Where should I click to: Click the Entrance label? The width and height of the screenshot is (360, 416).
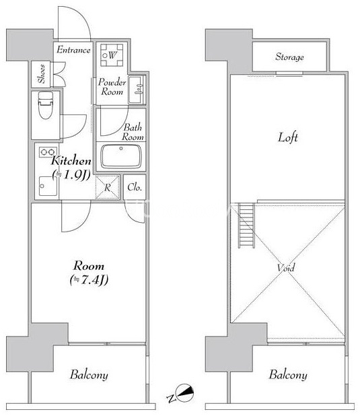[73, 50]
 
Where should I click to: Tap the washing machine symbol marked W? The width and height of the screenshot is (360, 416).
[112, 55]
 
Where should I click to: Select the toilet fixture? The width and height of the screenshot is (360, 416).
[45, 105]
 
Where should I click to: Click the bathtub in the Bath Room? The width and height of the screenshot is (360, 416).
[121, 156]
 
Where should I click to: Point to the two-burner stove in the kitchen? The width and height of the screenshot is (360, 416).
[48, 152]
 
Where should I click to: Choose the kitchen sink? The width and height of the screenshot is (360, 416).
[48, 186]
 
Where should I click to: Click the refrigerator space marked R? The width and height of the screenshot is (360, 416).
[107, 187]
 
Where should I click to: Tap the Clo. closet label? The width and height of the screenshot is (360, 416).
[135, 187]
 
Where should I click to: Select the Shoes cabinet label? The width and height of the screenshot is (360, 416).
[41, 74]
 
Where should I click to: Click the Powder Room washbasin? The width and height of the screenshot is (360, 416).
[137, 90]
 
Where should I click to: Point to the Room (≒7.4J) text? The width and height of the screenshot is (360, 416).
[89, 273]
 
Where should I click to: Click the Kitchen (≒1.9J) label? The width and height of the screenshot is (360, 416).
[71, 167]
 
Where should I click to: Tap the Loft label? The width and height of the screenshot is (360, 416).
[288, 137]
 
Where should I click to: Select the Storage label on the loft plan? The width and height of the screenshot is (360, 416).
[289, 57]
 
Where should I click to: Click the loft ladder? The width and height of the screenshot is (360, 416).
[246, 226]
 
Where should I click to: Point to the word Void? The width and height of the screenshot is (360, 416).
[286, 267]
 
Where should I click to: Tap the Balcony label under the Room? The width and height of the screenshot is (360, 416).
[89, 375]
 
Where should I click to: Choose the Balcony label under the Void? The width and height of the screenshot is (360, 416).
[288, 375]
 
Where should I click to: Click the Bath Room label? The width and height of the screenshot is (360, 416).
[133, 132]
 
